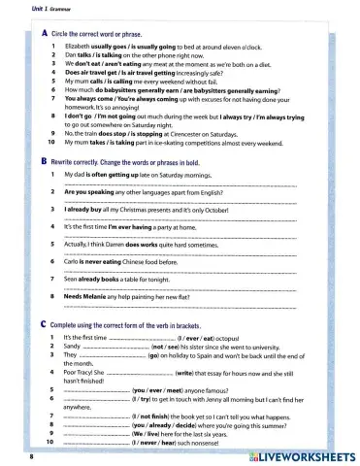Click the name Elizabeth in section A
(x=78, y=46)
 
